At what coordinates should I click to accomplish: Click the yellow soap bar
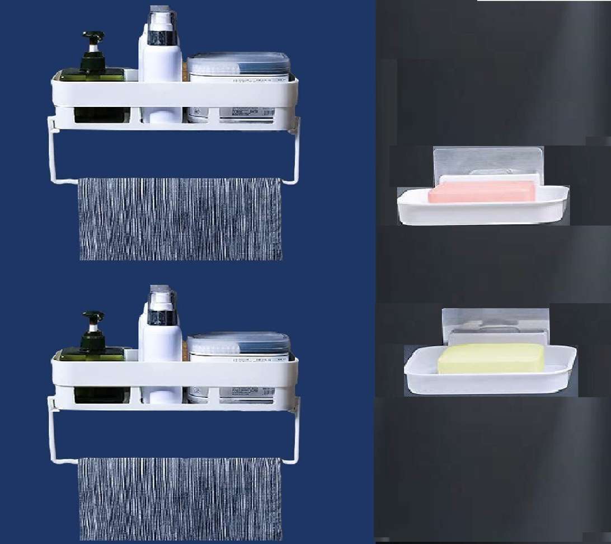click(491, 358)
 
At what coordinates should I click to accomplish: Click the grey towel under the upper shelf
click(180, 219)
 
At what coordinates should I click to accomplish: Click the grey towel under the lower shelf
click(180, 498)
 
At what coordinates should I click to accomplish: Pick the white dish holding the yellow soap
click(490, 381)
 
